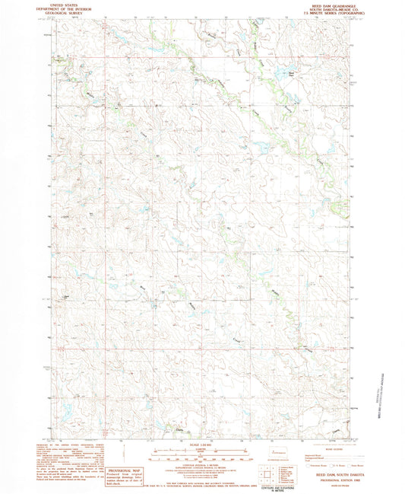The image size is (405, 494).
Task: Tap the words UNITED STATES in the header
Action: tap(64, 5)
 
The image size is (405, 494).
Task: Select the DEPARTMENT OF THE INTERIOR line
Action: tap(64, 8)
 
